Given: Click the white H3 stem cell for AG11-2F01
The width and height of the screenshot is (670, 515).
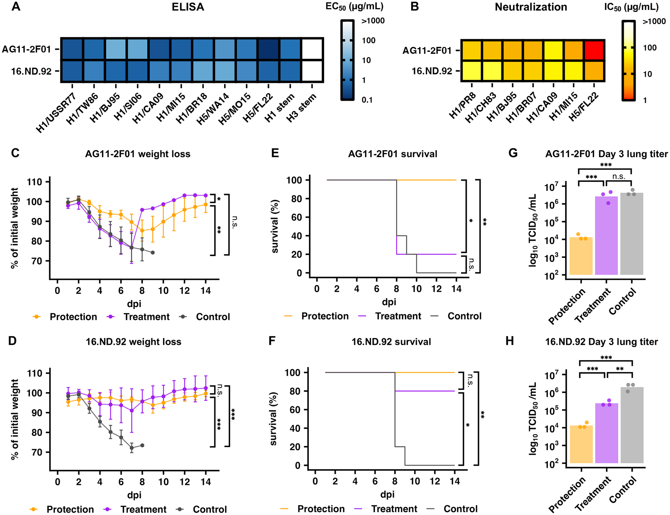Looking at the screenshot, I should click(312, 49).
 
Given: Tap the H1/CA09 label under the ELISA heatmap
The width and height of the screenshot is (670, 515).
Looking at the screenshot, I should click(148, 108).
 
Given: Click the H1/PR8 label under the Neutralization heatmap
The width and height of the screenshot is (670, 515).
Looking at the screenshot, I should click(463, 106).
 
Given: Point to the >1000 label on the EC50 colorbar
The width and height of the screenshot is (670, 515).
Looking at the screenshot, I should click(373, 21).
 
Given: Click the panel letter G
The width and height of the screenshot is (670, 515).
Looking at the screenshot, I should click(513, 153).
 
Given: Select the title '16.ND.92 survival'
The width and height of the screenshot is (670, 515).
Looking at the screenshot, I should click(391, 342).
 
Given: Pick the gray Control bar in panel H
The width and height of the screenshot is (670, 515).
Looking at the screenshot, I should click(632, 425).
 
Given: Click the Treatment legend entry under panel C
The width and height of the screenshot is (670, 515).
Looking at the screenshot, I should click(146, 317).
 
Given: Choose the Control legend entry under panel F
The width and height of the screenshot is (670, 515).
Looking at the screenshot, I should click(460, 509).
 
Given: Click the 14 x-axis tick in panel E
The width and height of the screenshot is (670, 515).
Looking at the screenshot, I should click(456, 289).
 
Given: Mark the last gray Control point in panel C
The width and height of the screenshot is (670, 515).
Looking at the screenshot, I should click(153, 252).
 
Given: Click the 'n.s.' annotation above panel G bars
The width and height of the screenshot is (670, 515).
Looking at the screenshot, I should click(619, 177).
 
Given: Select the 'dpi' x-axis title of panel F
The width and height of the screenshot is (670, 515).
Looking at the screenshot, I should click(387, 495).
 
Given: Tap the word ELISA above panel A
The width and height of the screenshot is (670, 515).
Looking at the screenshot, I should click(188, 7).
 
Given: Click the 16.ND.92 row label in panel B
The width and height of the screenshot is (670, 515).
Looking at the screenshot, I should click(431, 71).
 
